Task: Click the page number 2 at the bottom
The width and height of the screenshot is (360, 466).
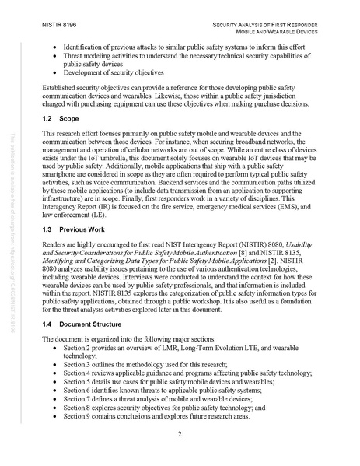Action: [x=180, y=433]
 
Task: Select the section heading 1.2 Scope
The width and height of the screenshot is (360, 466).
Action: [x=62, y=121]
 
